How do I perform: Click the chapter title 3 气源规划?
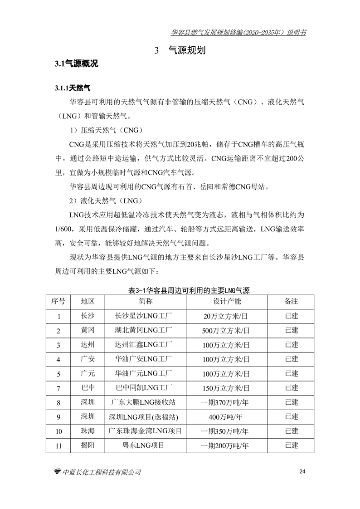(180, 50)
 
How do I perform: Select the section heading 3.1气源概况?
(76, 64)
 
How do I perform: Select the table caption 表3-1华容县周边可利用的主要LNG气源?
(180, 291)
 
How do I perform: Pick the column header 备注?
(291, 302)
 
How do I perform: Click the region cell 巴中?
(88, 388)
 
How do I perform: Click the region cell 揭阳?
(88, 445)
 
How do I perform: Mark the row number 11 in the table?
(58, 446)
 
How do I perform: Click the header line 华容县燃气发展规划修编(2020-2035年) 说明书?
(238, 33)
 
